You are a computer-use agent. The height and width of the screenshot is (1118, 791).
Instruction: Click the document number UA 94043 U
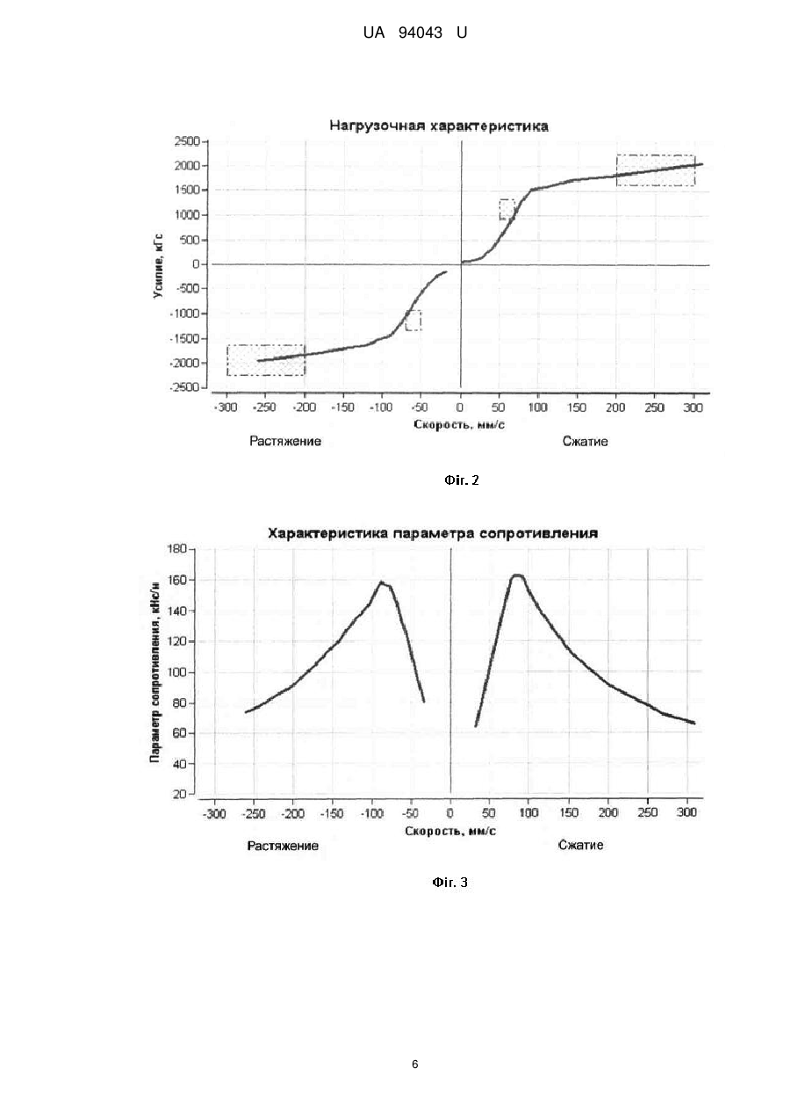click(x=414, y=33)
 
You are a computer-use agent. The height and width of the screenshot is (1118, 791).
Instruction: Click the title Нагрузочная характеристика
click(x=439, y=126)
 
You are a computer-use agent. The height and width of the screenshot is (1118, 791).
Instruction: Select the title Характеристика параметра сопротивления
click(x=433, y=534)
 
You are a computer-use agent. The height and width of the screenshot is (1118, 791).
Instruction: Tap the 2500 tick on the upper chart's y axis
click(x=187, y=141)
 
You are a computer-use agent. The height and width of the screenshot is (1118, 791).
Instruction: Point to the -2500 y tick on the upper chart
click(x=185, y=387)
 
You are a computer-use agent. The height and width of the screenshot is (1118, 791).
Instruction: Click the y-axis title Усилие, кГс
click(x=158, y=266)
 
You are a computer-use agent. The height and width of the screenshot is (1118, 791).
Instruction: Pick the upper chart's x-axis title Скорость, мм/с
click(x=459, y=425)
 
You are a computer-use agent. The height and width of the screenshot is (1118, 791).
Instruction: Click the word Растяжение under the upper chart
click(x=285, y=441)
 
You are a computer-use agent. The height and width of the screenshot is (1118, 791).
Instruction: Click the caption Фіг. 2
click(x=462, y=480)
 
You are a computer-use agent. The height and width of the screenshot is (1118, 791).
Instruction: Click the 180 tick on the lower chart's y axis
click(x=176, y=549)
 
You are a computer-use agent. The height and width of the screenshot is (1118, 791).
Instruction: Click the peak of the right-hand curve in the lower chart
click(x=517, y=575)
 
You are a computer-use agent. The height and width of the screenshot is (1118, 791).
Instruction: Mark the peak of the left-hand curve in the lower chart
click(x=381, y=582)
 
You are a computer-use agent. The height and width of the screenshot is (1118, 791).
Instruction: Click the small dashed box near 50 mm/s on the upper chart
click(x=507, y=209)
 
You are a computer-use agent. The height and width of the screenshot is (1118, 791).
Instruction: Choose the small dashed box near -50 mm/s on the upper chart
click(x=413, y=320)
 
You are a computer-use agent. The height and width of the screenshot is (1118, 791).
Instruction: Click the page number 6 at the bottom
click(x=415, y=1064)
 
